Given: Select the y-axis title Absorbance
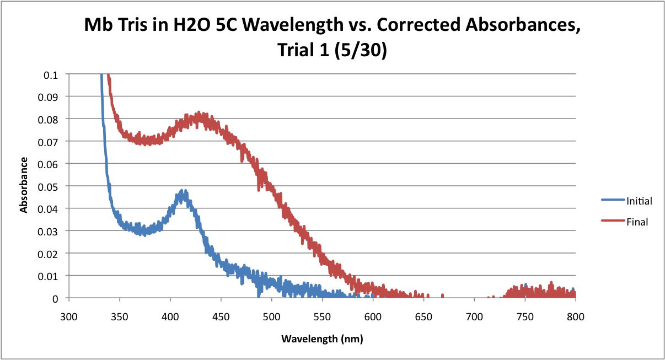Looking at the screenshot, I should [x=24, y=185].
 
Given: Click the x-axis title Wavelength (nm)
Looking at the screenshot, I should [x=322, y=338].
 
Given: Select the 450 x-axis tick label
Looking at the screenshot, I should [x=221, y=316].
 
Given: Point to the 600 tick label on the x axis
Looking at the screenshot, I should [x=373, y=316].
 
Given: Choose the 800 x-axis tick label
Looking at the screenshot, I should [x=576, y=316].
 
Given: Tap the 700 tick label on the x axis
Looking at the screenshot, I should [x=474, y=316].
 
